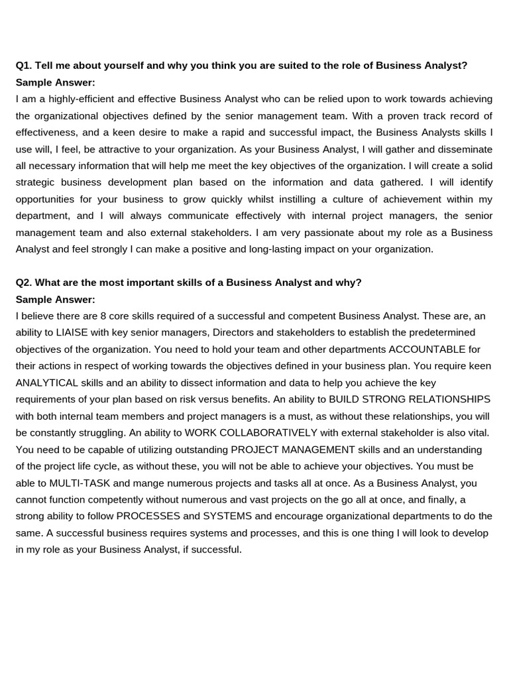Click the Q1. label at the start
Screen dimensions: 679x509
tap(24, 66)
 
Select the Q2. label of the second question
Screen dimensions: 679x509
tap(24, 282)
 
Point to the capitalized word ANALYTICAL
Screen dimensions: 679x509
tap(47, 383)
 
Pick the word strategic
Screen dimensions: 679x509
tap(36, 182)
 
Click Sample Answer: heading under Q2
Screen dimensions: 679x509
tap(55, 299)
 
